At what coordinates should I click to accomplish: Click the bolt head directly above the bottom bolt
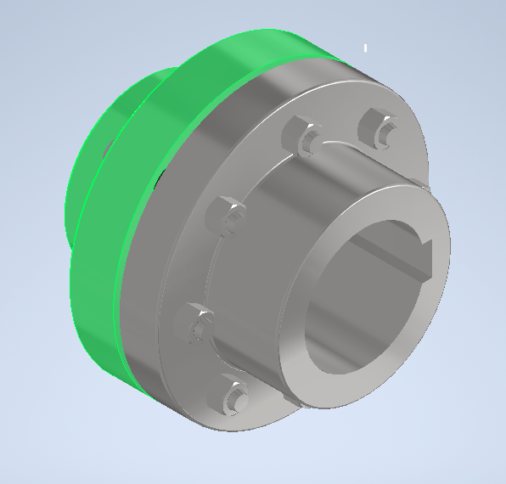[198, 323]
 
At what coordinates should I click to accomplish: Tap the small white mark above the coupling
[366, 48]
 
